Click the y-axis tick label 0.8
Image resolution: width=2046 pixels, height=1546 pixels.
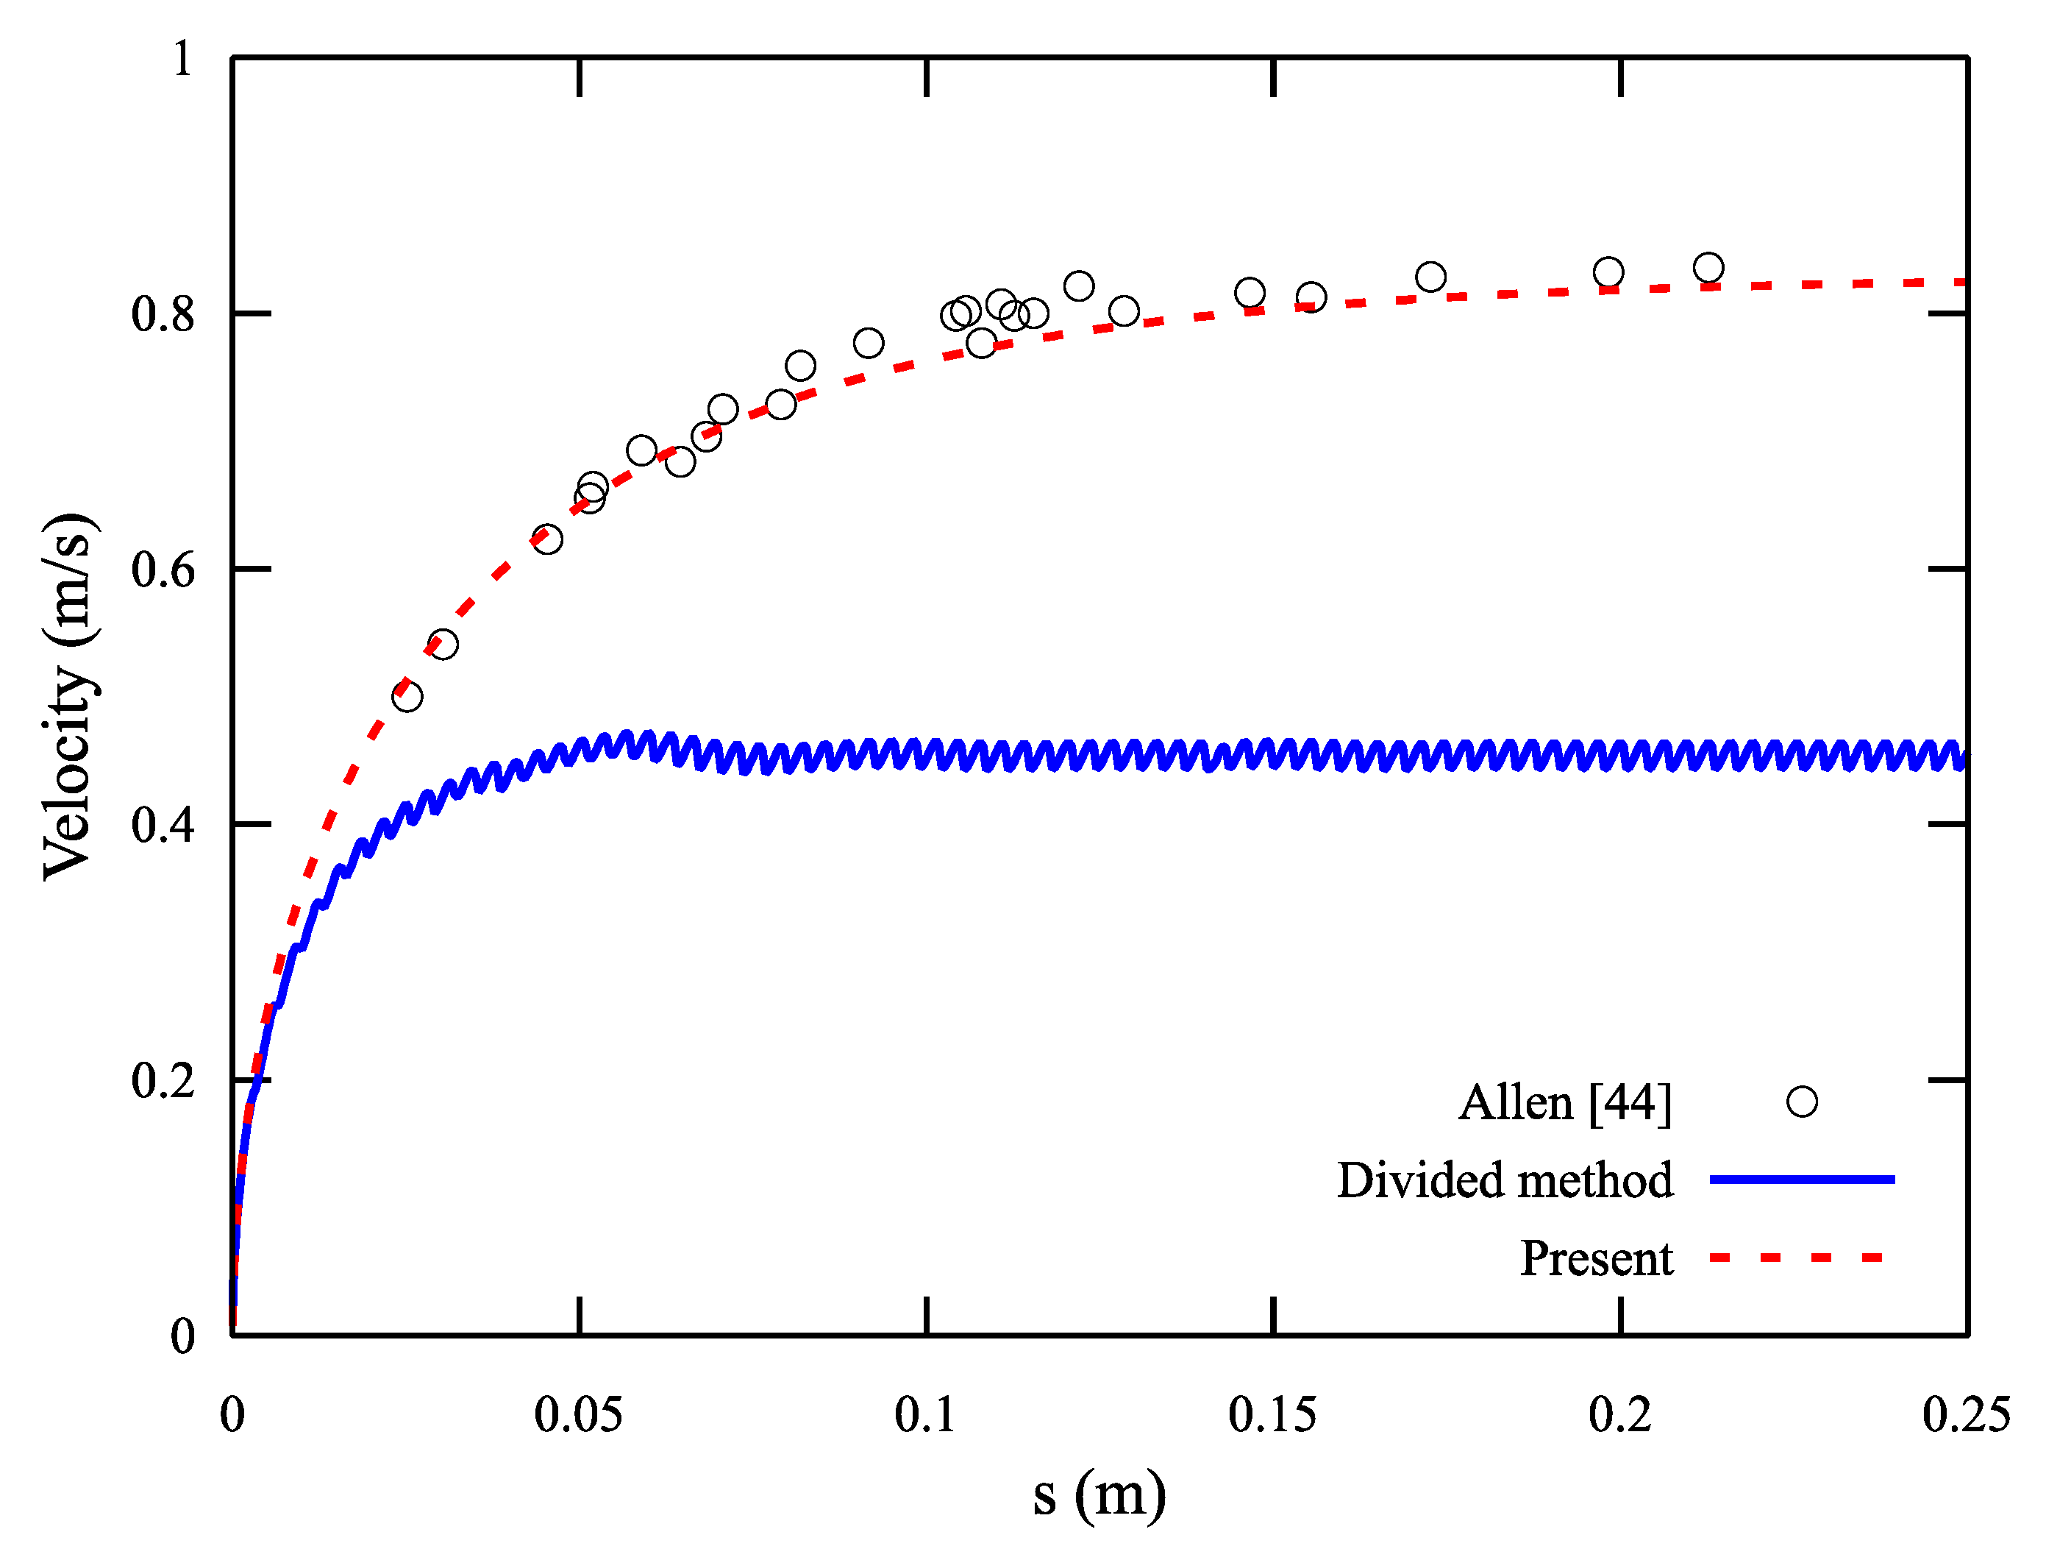[163, 314]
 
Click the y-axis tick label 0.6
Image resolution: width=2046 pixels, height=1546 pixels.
[163, 570]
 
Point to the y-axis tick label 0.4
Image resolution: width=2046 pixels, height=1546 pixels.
[163, 826]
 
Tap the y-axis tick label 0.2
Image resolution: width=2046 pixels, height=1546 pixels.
[163, 1081]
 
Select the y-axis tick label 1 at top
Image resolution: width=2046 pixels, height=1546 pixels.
[182, 59]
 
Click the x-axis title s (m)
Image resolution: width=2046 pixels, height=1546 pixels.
[1099, 1495]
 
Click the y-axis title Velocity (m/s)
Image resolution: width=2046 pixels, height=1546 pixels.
[68, 696]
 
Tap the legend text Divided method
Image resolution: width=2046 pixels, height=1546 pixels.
[1504, 1180]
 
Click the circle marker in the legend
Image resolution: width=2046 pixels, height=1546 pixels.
[1801, 1102]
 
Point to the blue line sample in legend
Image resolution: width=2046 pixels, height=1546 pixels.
[1801, 1180]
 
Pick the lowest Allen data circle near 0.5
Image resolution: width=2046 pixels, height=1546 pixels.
[407, 697]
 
